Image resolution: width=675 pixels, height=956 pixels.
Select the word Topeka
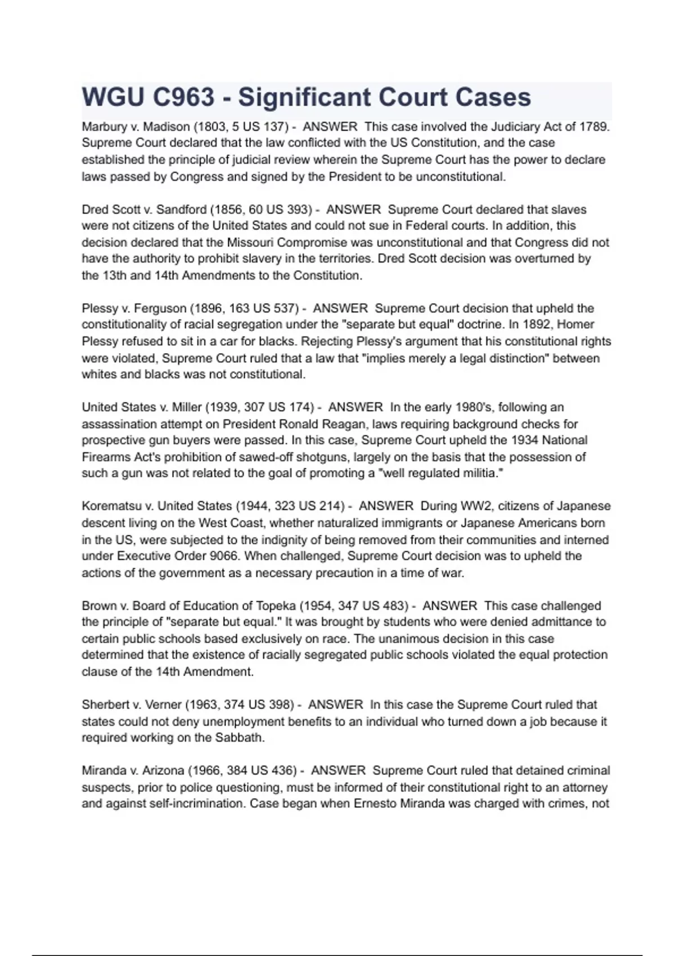[276, 606]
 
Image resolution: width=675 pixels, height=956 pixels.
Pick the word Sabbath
[240, 738]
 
